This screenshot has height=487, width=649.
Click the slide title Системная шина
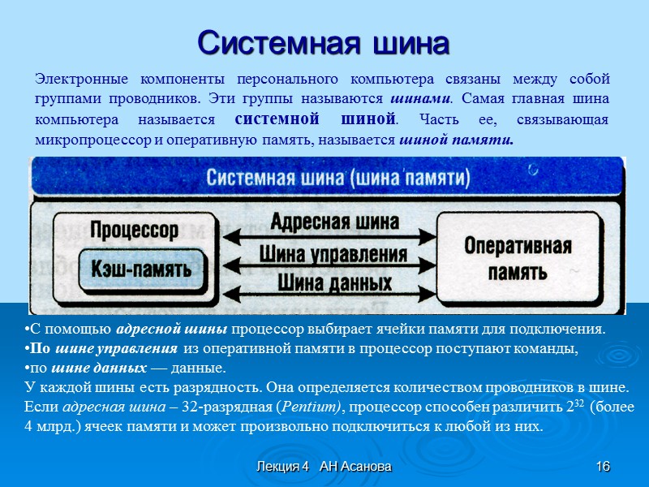coord(324,42)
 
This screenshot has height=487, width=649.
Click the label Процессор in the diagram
coord(135,230)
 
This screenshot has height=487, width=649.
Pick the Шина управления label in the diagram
coord(333,253)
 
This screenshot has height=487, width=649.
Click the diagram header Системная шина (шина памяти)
coord(338,176)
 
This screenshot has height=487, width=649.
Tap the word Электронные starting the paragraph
coord(78,80)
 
